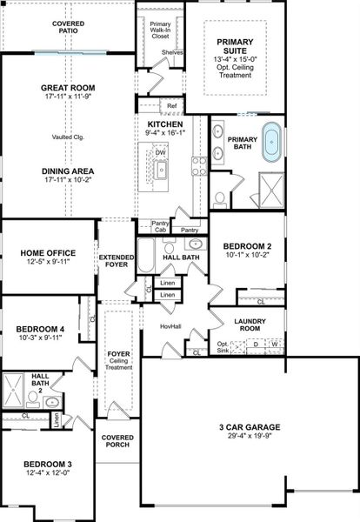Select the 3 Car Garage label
click(249, 426)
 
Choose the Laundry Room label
click(250, 325)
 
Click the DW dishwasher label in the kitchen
click(161, 153)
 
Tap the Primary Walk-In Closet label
click(160, 30)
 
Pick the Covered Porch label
click(117, 441)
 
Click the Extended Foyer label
click(116, 262)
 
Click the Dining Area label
click(67, 171)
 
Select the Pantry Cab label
click(160, 226)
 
